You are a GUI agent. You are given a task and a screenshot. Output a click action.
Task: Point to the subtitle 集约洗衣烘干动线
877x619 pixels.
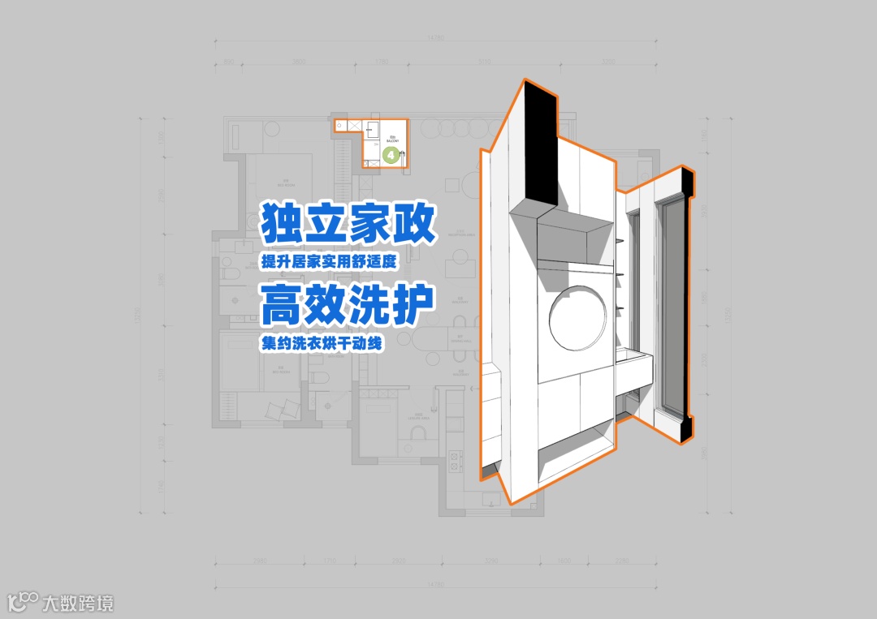[322, 343]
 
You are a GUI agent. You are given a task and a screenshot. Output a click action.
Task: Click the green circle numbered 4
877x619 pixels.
[391, 153]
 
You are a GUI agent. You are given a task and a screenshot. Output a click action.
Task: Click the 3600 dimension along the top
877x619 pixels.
[298, 62]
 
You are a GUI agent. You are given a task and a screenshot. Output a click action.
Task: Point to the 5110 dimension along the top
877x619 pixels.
[485, 62]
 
